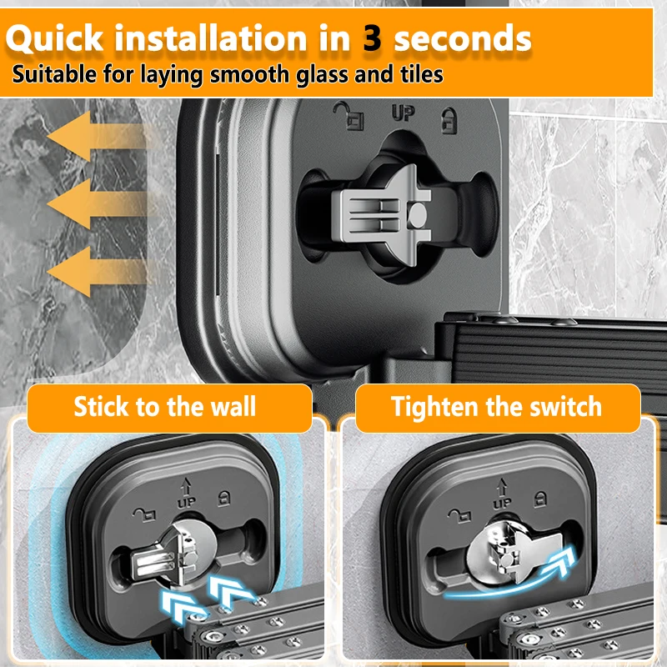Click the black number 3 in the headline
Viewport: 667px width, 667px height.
[372, 38]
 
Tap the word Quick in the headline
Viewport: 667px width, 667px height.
[54, 38]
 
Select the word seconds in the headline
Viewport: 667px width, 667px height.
[463, 38]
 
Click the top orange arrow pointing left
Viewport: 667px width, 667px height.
[97, 136]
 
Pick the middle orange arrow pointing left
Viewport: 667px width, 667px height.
[97, 204]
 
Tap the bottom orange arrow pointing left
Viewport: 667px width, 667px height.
[97, 272]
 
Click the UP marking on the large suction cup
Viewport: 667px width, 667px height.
[403, 113]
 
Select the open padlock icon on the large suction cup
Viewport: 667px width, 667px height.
[349, 115]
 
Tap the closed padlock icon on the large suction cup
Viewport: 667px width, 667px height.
[449, 121]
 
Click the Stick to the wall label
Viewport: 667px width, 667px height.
[165, 407]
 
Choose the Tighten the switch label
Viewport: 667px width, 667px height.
[496, 407]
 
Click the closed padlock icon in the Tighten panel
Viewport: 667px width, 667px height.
[540, 499]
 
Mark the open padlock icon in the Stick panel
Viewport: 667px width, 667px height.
[145, 514]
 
